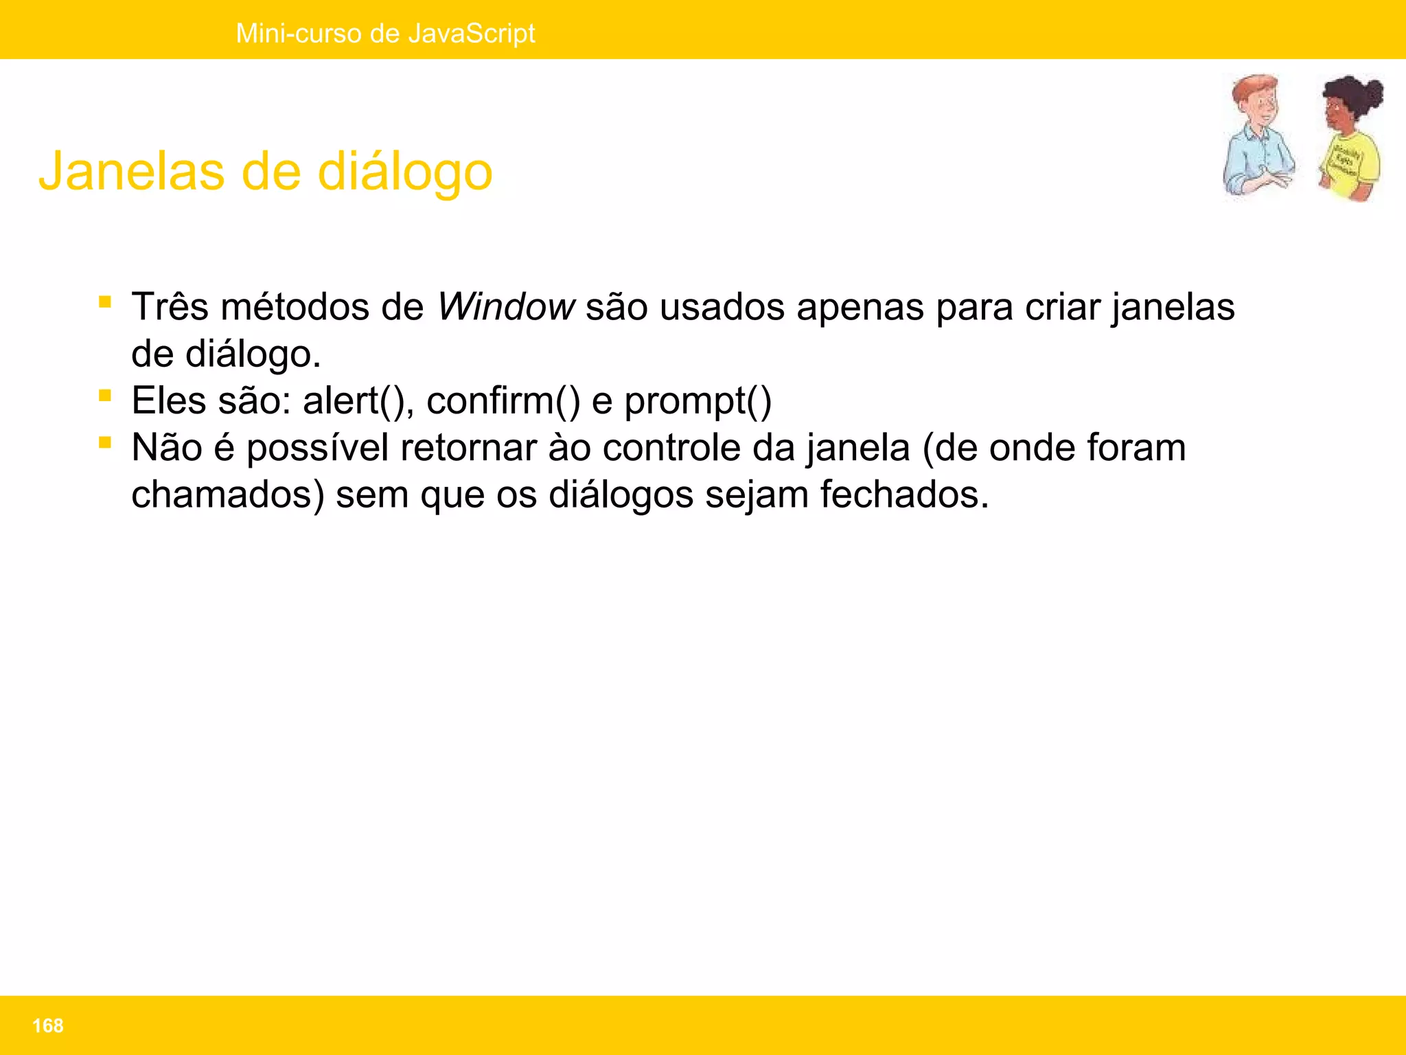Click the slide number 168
[x=47, y=1025]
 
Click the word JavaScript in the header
[x=471, y=33]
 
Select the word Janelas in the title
[x=131, y=171]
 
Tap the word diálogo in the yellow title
[x=405, y=172]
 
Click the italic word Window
[x=506, y=306]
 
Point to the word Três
[x=170, y=306]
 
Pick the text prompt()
[x=698, y=402]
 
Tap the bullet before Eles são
[x=105, y=396]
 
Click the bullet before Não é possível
[x=105, y=443]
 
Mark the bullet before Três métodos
[x=105, y=302]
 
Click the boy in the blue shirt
[x=1258, y=137]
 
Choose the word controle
[x=671, y=448]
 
